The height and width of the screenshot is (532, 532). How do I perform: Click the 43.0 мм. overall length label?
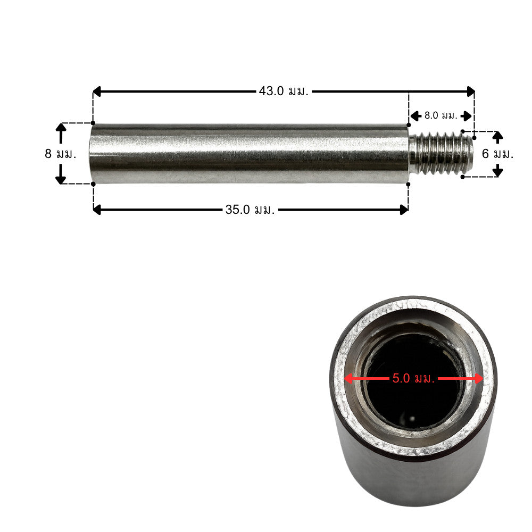pos(284,91)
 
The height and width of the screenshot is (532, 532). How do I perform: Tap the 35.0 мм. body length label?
pos(250,210)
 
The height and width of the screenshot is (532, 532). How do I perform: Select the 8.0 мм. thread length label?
pos(441,115)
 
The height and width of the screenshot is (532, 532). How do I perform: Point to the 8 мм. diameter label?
pos(61,154)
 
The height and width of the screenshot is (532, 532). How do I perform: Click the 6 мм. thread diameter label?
pos(498,154)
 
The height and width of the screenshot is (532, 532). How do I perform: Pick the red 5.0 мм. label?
pos(413,378)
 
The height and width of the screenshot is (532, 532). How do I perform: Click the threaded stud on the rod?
pos(441,154)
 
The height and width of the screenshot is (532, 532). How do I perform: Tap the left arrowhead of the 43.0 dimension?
pos(97,92)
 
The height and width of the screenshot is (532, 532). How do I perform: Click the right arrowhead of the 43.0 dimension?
pos(471,92)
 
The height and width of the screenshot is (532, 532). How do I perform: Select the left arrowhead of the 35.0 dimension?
pos(97,210)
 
